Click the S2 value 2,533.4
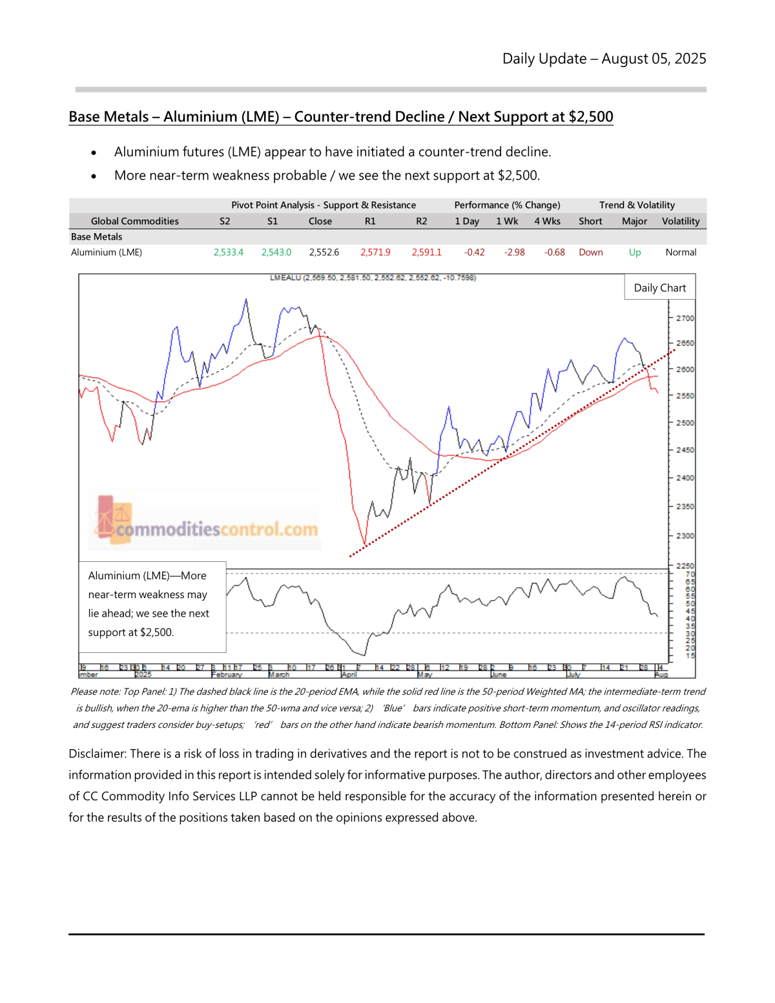pyautogui.click(x=228, y=253)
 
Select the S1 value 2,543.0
pyautogui.click(x=276, y=253)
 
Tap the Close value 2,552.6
pyautogui.click(x=324, y=253)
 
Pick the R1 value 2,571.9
pyautogui.click(x=375, y=253)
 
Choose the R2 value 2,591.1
pyautogui.click(x=426, y=253)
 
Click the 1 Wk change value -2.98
pyautogui.click(x=514, y=253)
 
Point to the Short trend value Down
pyautogui.click(x=590, y=253)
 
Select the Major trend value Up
pyautogui.click(x=635, y=253)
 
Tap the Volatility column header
pyautogui.click(x=680, y=221)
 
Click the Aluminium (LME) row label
pyautogui.click(x=107, y=253)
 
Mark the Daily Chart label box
pyautogui.click(x=659, y=288)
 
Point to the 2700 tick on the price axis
pyautogui.click(x=685, y=318)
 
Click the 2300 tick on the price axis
pyautogui.click(x=685, y=536)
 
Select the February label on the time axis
pyautogui.click(x=227, y=675)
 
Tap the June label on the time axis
pyautogui.click(x=499, y=675)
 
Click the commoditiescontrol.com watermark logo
pyautogui.click(x=207, y=522)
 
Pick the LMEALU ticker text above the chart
pyautogui.click(x=285, y=278)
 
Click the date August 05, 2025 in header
pyautogui.click(x=654, y=59)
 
